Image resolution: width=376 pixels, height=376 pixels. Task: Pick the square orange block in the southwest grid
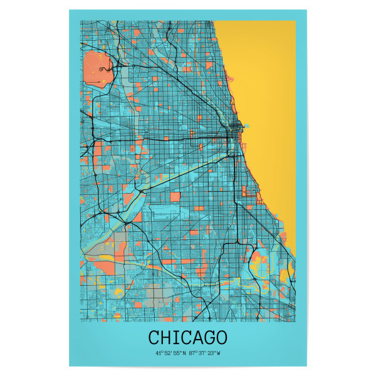tap(175, 196)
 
